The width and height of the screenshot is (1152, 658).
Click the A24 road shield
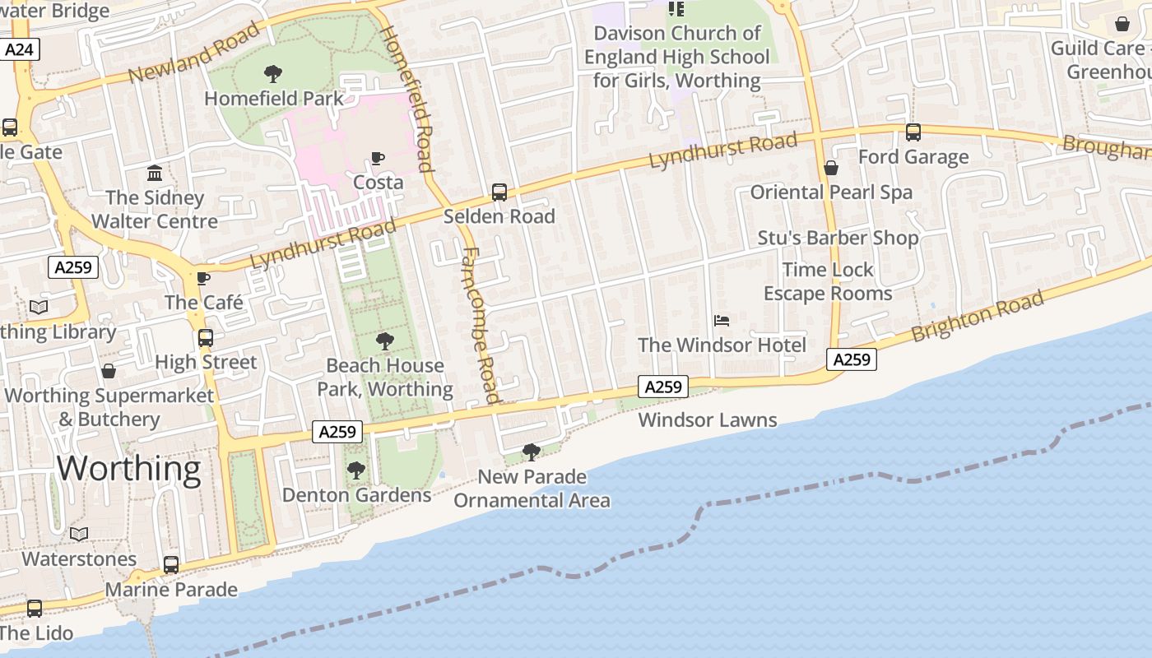tap(19, 49)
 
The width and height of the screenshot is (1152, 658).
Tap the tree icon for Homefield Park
tap(273, 74)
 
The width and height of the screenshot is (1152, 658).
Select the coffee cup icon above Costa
tap(378, 158)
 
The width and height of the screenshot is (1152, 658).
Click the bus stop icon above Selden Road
tap(499, 192)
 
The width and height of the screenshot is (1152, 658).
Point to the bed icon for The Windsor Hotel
tap(722, 320)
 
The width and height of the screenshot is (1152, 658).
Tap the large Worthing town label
tap(128, 468)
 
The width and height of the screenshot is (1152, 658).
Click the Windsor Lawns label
tap(708, 420)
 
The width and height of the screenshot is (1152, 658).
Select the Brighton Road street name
tap(978, 317)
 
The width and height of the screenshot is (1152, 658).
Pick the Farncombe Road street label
tap(481, 325)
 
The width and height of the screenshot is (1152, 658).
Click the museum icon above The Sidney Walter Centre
tap(155, 173)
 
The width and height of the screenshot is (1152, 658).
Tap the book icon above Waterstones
tap(79, 535)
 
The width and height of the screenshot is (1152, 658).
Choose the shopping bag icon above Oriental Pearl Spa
tap(831, 168)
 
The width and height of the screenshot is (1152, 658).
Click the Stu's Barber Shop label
tap(838, 238)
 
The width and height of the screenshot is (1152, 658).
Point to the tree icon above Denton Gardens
tap(356, 470)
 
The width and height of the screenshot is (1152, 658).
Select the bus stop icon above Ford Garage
tap(913, 132)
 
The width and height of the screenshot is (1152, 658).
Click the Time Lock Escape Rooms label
tap(828, 281)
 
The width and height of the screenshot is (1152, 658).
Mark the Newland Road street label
tap(194, 53)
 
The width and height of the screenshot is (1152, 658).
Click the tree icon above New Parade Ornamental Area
tap(532, 452)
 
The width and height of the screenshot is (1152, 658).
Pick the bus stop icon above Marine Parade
tap(171, 565)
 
